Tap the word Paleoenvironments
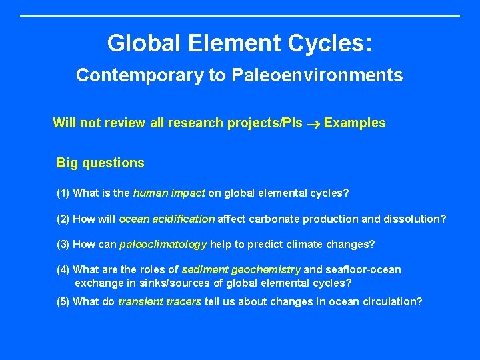317,75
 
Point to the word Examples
355,123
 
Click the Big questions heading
100,163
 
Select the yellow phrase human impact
169,193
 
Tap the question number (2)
63,219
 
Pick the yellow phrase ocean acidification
167,219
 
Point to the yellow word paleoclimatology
163,244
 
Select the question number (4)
63,269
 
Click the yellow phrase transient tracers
159,301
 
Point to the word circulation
393,301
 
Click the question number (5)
63,301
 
